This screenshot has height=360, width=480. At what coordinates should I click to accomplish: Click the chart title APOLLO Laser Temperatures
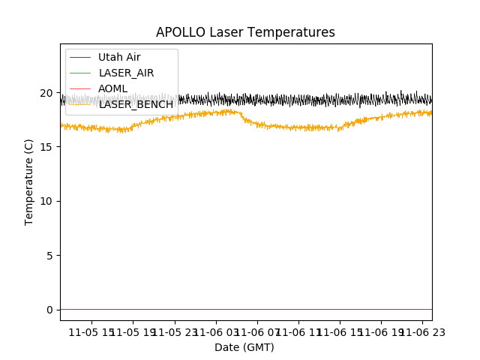point(245,32)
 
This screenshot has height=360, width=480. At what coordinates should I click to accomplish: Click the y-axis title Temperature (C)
point(29,181)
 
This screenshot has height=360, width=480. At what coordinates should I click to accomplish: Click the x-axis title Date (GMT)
point(244,347)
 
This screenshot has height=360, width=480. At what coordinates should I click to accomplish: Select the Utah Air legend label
point(119,57)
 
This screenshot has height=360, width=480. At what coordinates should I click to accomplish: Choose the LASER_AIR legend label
point(127,73)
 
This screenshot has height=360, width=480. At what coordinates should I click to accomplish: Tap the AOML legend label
point(113,88)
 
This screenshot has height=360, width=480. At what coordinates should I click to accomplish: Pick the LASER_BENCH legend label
point(136,104)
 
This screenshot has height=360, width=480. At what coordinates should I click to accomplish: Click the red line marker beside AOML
point(79,88)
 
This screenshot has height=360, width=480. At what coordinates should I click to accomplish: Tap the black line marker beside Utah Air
point(79,57)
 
